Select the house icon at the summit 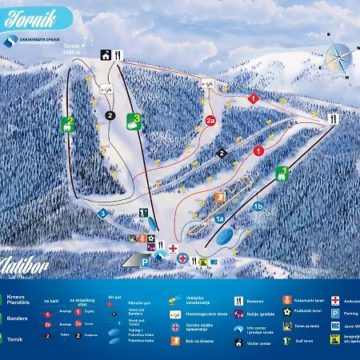(x=106, y=55)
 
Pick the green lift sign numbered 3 (x=137, y=120)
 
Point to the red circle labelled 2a (x=210, y=121)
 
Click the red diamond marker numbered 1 (x=254, y=98)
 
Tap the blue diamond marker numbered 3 (x=102, y=214)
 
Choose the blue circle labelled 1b (x=258, y=206)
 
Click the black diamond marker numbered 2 (x=222, y=152)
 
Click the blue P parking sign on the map (x=145, y=261)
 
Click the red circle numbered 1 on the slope (x=258, y=150)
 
